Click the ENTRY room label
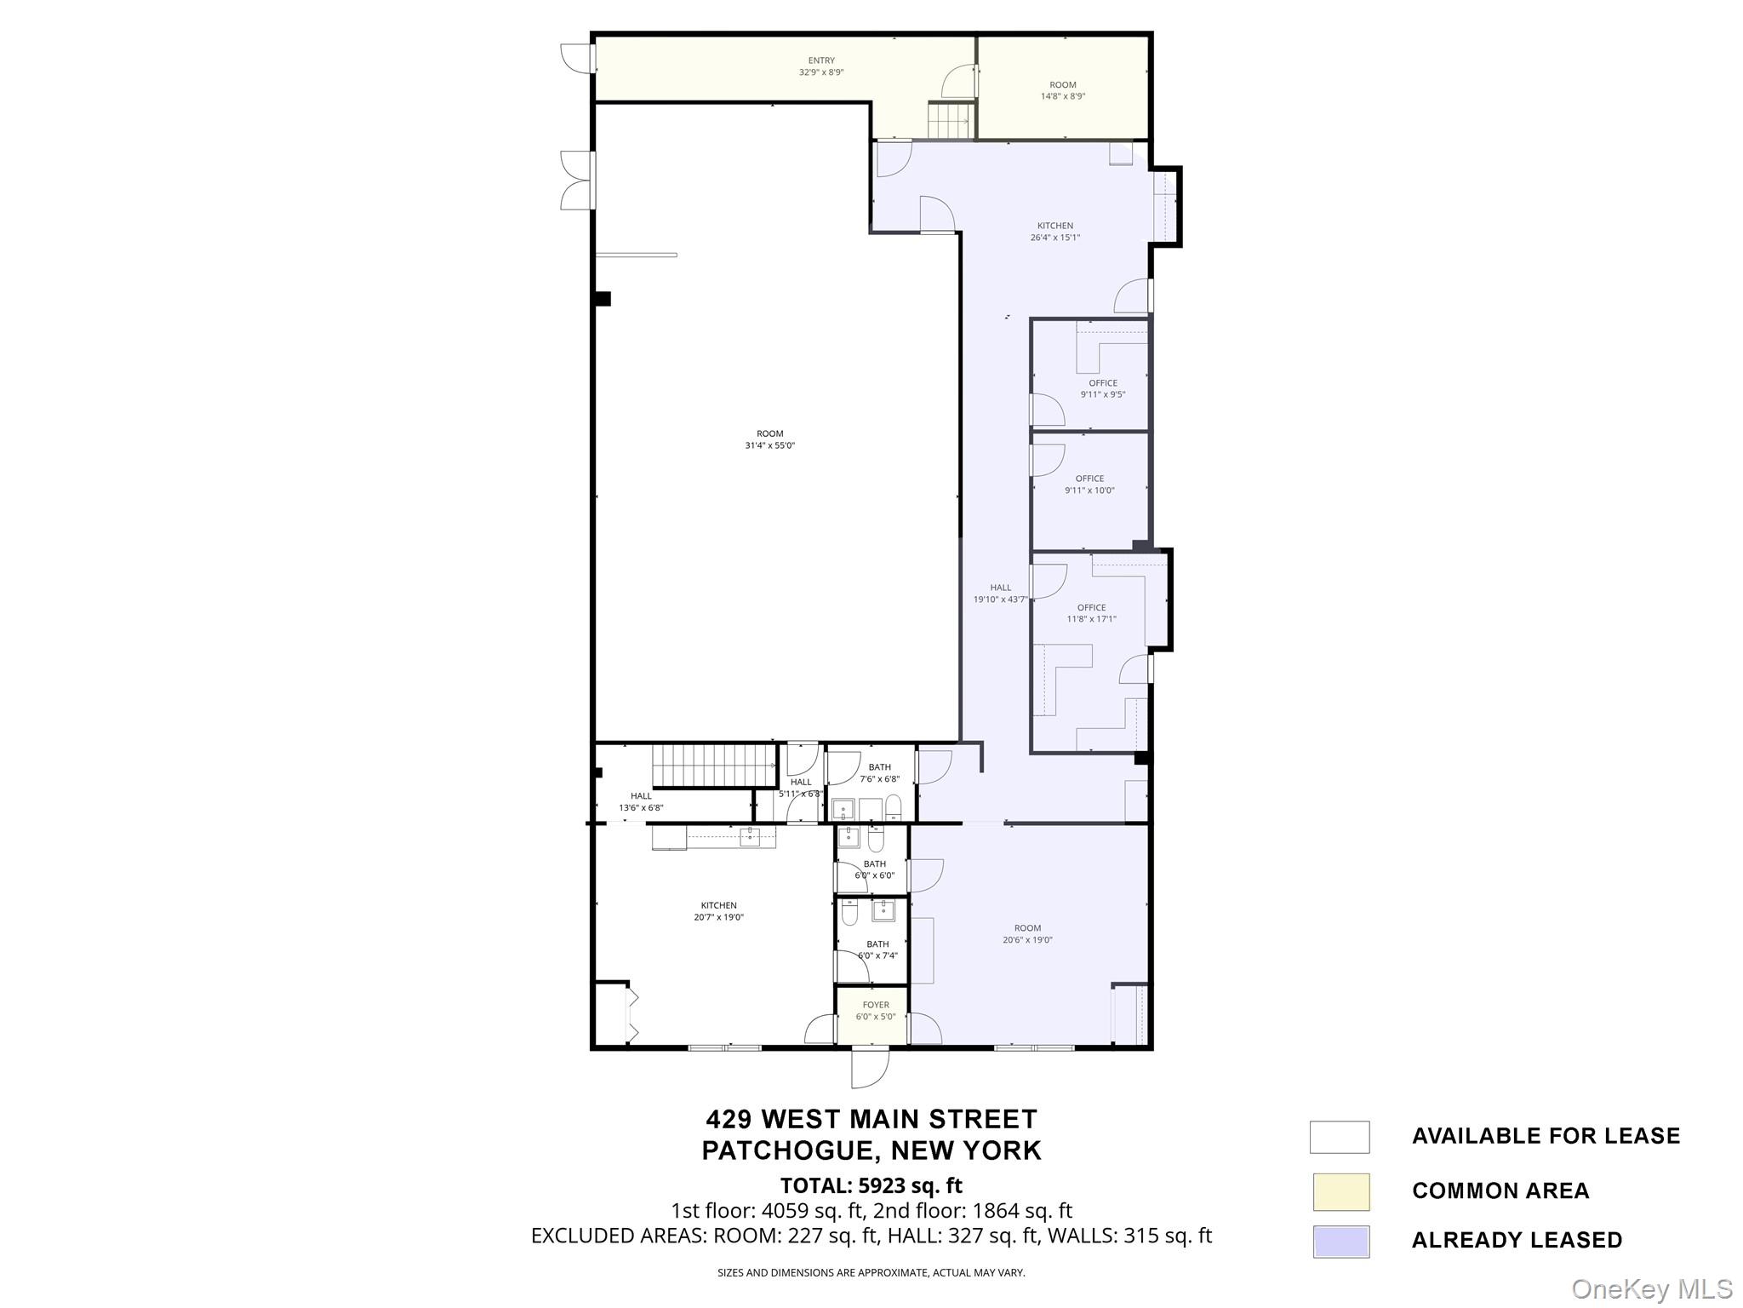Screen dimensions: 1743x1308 [821, 60]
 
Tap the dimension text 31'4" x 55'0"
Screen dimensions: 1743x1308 [770, 445]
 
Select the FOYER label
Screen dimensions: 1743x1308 [876, 1005]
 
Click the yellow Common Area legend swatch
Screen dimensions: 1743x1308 [1340, 1191]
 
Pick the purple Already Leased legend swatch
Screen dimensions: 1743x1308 [1340, 1242]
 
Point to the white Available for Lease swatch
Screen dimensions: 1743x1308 [1340, 1137]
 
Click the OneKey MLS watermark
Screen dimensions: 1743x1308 [1652, 1288]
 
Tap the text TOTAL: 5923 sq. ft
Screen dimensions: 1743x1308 [871, 1185]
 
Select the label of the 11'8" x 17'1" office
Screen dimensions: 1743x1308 [1092, 608]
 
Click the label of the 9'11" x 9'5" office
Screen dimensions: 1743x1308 [1103, 383]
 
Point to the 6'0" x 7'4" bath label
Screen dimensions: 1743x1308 [877, 944]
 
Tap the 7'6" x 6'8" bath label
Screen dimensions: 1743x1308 [880, 767]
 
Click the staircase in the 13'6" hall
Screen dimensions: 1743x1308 [714, 765]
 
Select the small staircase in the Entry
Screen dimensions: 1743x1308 [948, 120]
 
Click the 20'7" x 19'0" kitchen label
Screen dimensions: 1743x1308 [719, 905]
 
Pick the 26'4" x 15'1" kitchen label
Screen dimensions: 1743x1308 [1055, 226]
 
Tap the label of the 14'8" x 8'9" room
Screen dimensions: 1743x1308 [1063, 85]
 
